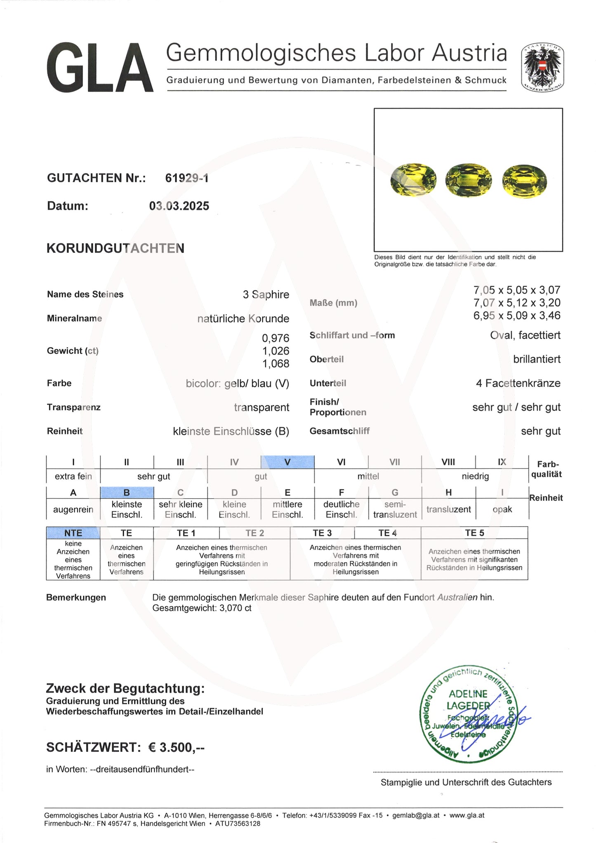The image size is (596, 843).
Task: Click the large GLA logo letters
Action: (100, 68)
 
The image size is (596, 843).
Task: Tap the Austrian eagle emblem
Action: (542, 67)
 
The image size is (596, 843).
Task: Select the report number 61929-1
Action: (187, 178)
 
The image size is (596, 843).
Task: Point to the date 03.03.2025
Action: (179, 206)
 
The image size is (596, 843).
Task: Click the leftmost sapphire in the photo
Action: (413, 179)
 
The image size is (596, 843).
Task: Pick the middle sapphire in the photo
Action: (469, 180)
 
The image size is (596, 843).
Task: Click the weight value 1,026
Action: (276, 351)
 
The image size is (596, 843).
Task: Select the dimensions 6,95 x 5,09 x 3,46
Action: (517, 316)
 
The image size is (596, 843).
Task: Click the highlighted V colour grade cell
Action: (287, 462)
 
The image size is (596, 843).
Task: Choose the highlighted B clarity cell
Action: (127, 492)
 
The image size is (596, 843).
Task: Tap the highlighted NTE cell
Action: (73, 533)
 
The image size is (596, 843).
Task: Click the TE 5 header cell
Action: (474, 533)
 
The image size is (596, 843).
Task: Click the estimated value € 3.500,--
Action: (176, 747)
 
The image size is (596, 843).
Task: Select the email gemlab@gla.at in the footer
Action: (416, 815)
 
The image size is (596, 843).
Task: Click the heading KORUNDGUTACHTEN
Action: (115, 248)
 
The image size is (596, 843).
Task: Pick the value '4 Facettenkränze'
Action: (518, 383)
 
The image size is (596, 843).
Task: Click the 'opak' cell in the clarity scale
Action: (502, 509)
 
